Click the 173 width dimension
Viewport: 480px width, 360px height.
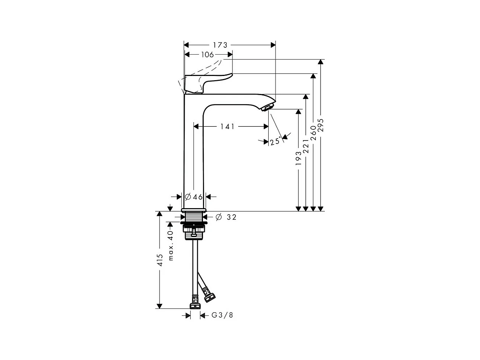coord(220,45)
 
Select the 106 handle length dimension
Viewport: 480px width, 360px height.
coord(207,55)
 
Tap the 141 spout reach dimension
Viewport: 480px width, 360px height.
coord(227,126)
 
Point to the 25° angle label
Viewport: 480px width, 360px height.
coord(275,141)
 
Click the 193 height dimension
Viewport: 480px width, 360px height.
coord(298,158)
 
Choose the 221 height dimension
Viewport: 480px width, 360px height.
coord(306,146)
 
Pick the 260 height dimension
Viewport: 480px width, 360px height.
coord(313,133)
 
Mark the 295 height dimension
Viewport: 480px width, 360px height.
coord(321,125)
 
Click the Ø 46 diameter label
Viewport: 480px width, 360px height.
coord(194,197)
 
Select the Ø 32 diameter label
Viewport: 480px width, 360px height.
coord(226,217)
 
